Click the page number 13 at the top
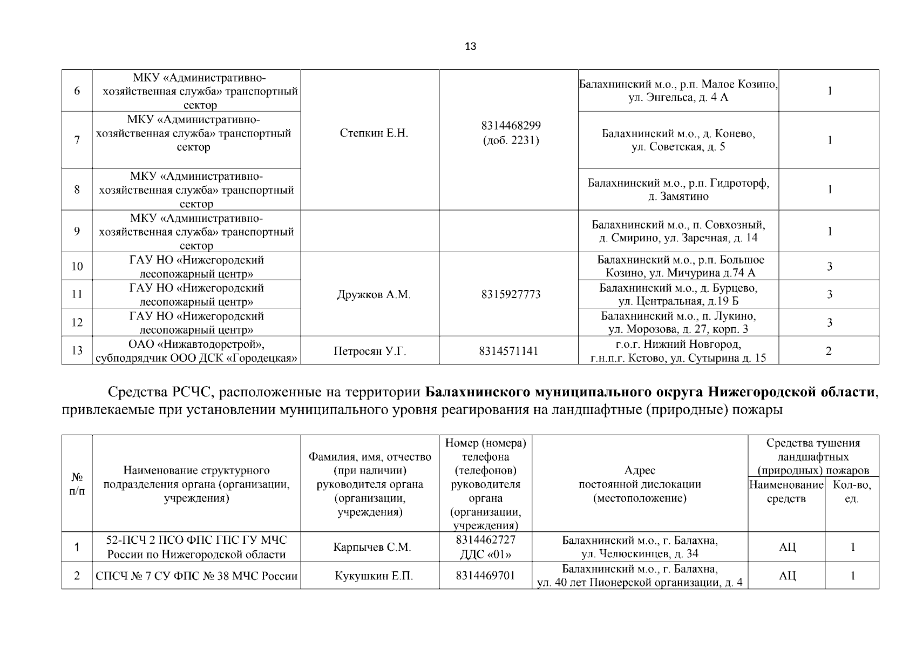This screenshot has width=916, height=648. pyautogui.click(x=470, y=46)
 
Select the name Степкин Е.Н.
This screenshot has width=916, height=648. pyautogui.click(x=374, y=133)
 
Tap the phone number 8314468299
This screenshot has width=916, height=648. pyautogui.click(x=511, y=126)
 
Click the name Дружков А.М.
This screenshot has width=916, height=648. pyautogui.click(x=374, y=295)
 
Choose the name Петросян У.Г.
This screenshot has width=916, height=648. pyautogui.click(x=370, y=352)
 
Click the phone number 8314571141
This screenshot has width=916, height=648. pyautogui.click(x=508, y=352)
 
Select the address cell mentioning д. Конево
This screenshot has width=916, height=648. pyautogui.click(x=678, y=140)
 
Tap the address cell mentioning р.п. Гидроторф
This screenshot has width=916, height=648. pyautogui.click(x=678, y=190)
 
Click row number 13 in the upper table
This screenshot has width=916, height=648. pyautogui.click(x=77, y=351)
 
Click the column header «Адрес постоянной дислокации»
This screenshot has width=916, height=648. pyautogui.click(x=640, y=484)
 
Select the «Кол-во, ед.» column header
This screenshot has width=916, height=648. pyautogui.click(x=852, y=491)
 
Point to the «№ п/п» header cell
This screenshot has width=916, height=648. pyautogui.click(x=77, y=484)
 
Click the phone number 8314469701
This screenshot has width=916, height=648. pyautogui.click(x=485, y=576)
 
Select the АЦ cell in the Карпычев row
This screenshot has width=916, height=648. pyautogui.click(x=787, y=548)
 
